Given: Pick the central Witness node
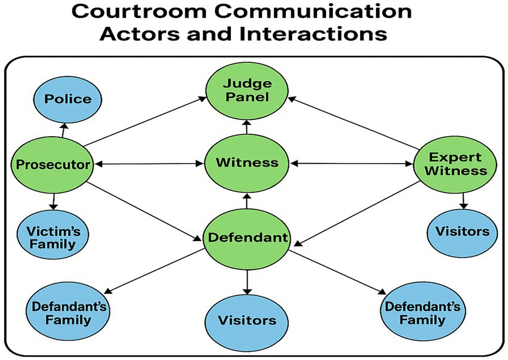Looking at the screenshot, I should [247, 162].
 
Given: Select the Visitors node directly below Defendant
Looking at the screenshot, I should [247, 320].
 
